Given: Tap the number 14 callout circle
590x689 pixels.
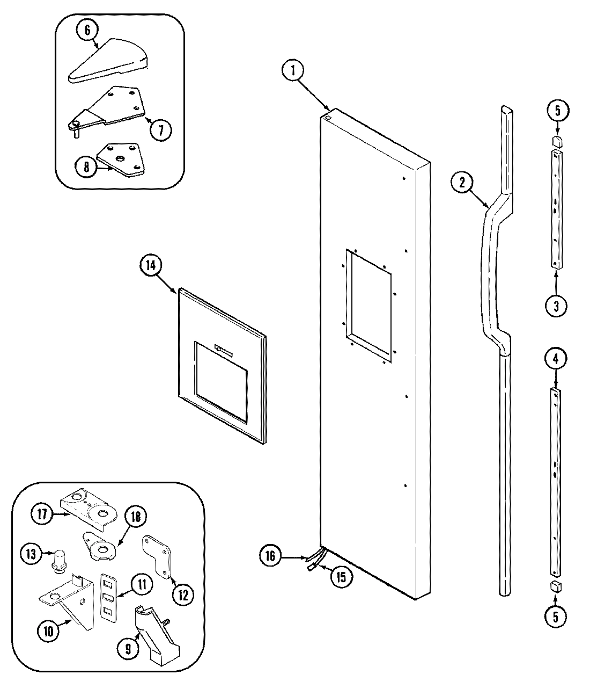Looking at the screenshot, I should point(151,266).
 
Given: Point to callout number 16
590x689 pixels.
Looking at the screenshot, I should point(270,556).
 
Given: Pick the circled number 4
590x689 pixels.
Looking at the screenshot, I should point(556,358).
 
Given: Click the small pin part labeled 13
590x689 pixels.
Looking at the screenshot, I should point(56,561).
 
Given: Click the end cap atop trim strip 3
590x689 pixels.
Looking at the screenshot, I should point(556,141).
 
